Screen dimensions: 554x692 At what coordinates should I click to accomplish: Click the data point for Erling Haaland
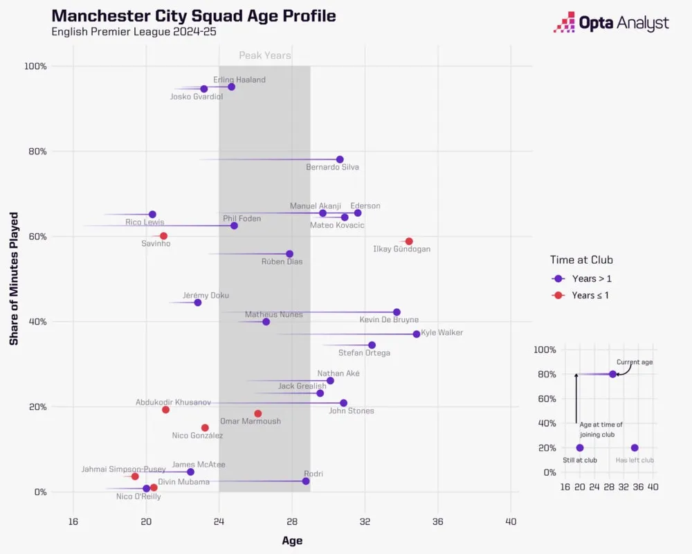coord(231,87)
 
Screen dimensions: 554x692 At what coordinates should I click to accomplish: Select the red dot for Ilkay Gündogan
coord(409,241)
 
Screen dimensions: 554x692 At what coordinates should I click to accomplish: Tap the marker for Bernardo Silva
coord(340,159)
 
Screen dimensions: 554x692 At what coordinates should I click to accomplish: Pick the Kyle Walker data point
coord(417,334)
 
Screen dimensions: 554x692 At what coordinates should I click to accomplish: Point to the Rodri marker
coord(306,481)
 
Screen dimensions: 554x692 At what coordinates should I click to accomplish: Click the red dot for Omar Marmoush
coord(258,413)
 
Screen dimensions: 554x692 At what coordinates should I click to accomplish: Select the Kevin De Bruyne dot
coord(397,312)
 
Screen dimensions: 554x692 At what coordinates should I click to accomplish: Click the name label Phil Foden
coord(242,219)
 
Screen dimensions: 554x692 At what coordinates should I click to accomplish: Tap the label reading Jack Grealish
coord(302,386)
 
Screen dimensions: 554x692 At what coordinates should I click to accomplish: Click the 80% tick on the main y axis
coord(37,151)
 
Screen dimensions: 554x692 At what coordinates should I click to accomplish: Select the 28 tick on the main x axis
coord(292,521)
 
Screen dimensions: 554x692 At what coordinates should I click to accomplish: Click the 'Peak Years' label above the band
coord(265,55)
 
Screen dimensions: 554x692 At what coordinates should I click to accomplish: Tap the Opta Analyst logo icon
coord(565,22)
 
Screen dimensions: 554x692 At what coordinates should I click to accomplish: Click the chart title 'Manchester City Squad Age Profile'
coord(194,16)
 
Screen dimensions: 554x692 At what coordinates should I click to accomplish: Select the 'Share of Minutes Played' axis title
coord(14,278)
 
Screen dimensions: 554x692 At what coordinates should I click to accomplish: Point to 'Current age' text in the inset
coord(635,362)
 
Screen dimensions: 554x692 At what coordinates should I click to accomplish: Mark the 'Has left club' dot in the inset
coord(635,448)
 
